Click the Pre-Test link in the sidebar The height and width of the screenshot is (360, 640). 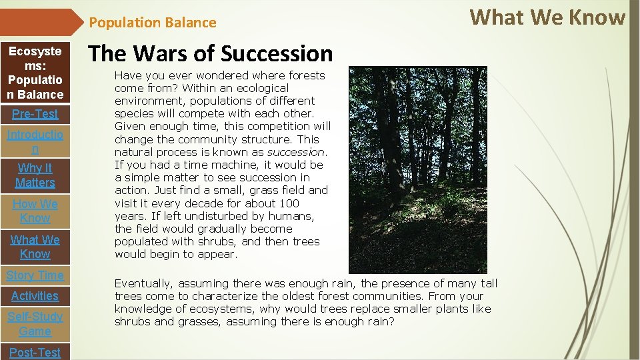35,113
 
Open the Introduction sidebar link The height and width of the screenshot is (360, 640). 35,141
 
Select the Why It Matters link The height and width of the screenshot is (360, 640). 35,175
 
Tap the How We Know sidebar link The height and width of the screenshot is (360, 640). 35,211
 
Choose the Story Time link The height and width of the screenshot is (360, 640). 35,275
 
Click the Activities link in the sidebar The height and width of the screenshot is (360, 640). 35,295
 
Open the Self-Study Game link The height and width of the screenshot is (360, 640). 35,323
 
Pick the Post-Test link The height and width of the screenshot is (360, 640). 35,351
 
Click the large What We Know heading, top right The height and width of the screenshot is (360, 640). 547,17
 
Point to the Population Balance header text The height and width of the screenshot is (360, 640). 153,23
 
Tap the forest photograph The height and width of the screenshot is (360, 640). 418,169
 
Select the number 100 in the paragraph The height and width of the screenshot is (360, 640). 289,203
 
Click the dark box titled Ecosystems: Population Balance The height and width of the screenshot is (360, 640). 35,73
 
